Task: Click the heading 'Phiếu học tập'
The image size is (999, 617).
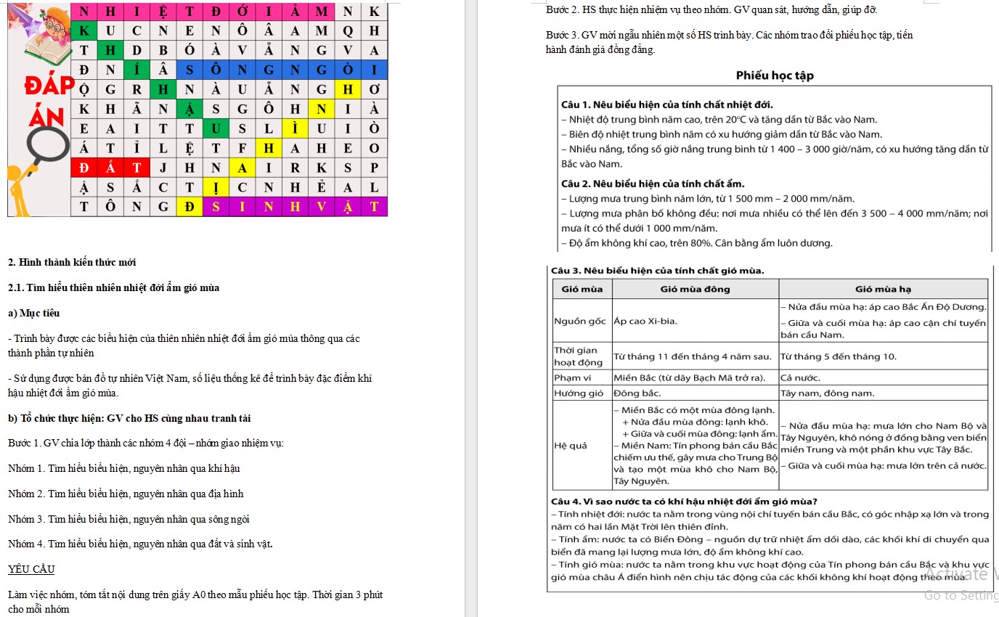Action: [x=775, y=75]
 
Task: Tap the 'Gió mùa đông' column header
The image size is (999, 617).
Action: [x=695, y=289]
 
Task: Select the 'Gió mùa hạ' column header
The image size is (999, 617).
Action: [x=883, y=289]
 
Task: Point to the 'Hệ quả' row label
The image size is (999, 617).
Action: [x=570, y=445]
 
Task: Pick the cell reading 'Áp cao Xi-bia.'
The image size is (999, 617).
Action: [x=646, y=320]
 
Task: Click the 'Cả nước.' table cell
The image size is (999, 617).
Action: [x=800, y=377]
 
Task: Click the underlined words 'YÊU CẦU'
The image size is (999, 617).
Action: [x=30, y=569]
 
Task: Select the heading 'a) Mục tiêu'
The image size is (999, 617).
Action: [x=33, y=313]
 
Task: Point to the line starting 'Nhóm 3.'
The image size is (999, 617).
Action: [x=129, y=519]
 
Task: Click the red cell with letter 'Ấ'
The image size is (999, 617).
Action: [x=111, y=167]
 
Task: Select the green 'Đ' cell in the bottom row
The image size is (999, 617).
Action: [x=189, y=207]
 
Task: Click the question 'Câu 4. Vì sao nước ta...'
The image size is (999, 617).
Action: [x=684, y=502]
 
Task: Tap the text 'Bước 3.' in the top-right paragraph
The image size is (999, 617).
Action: [x=560, y=35]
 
